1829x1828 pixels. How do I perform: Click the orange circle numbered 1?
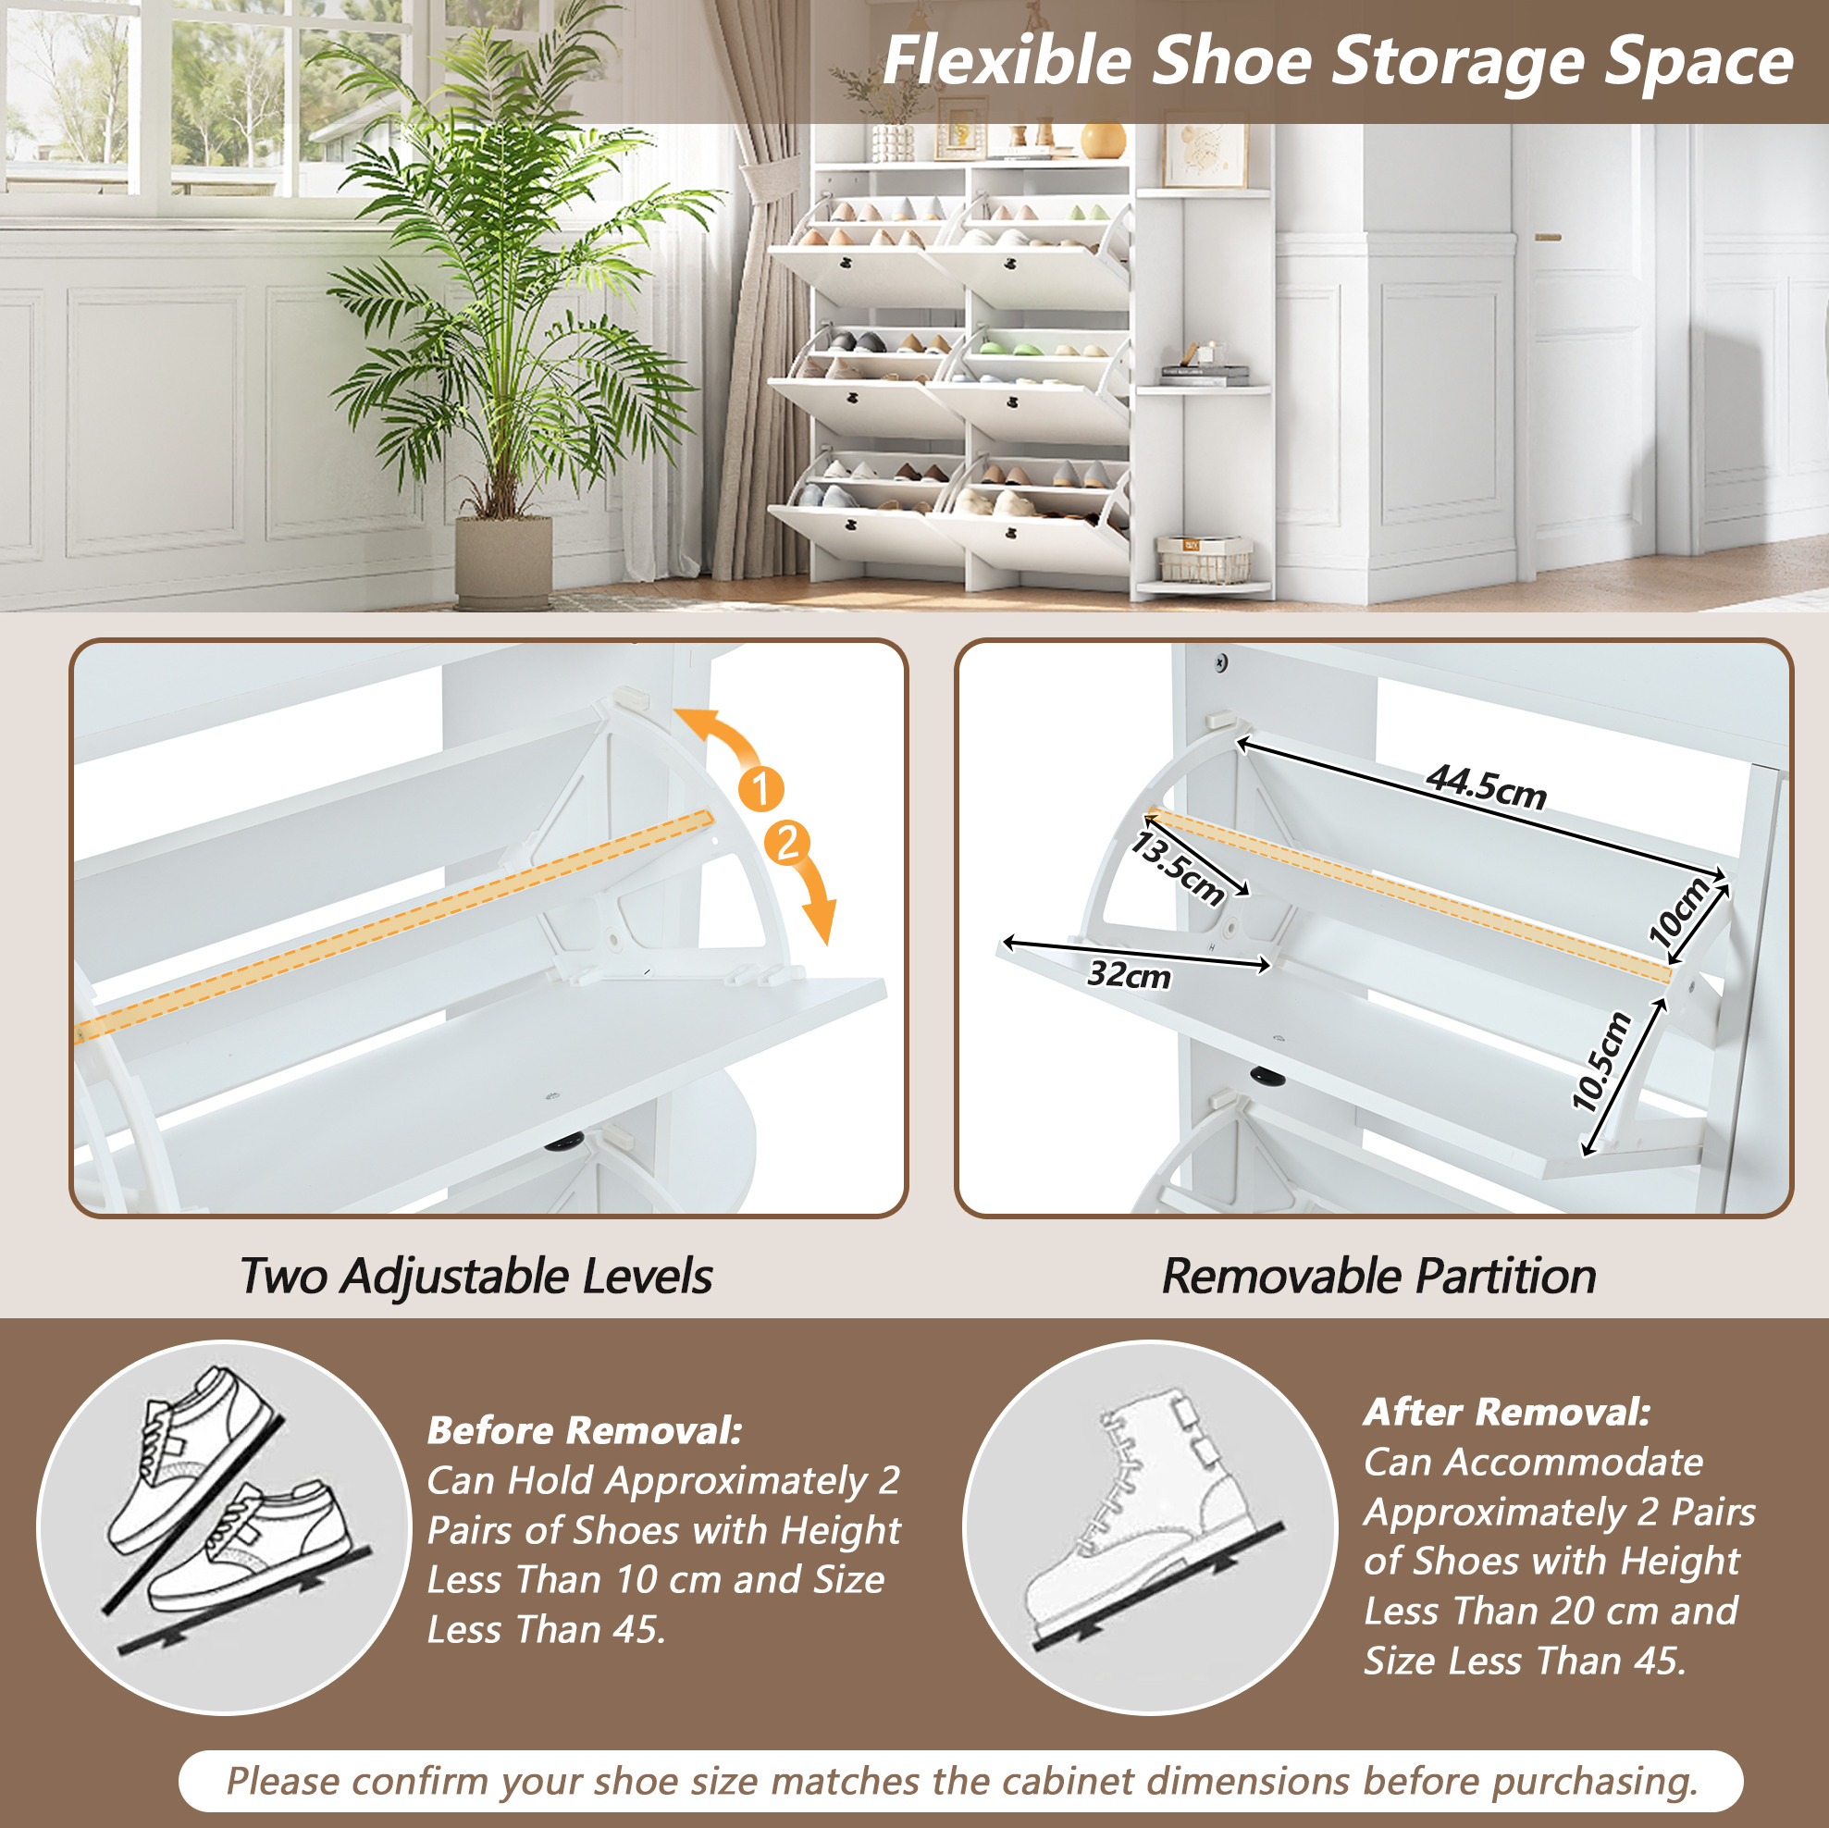click(760, 787)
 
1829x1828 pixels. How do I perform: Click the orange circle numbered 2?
click(787, 843)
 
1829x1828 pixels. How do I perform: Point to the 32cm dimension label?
click(1129, 974)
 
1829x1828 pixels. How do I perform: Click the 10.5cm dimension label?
click(1600, 1060)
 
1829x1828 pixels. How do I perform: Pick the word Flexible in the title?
click(1007, 60)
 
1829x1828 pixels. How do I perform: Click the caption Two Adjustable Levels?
click(476, 1276)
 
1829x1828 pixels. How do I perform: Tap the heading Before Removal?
click(584, 1430)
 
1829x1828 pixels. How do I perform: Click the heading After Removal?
click(1507, 1412)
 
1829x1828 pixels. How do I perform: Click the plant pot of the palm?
click(503, 562)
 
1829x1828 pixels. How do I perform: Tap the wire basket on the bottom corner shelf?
click(1205, 559)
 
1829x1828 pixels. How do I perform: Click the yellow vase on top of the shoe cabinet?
click(1103, 140)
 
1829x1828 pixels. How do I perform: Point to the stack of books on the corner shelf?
click(1205, 375)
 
